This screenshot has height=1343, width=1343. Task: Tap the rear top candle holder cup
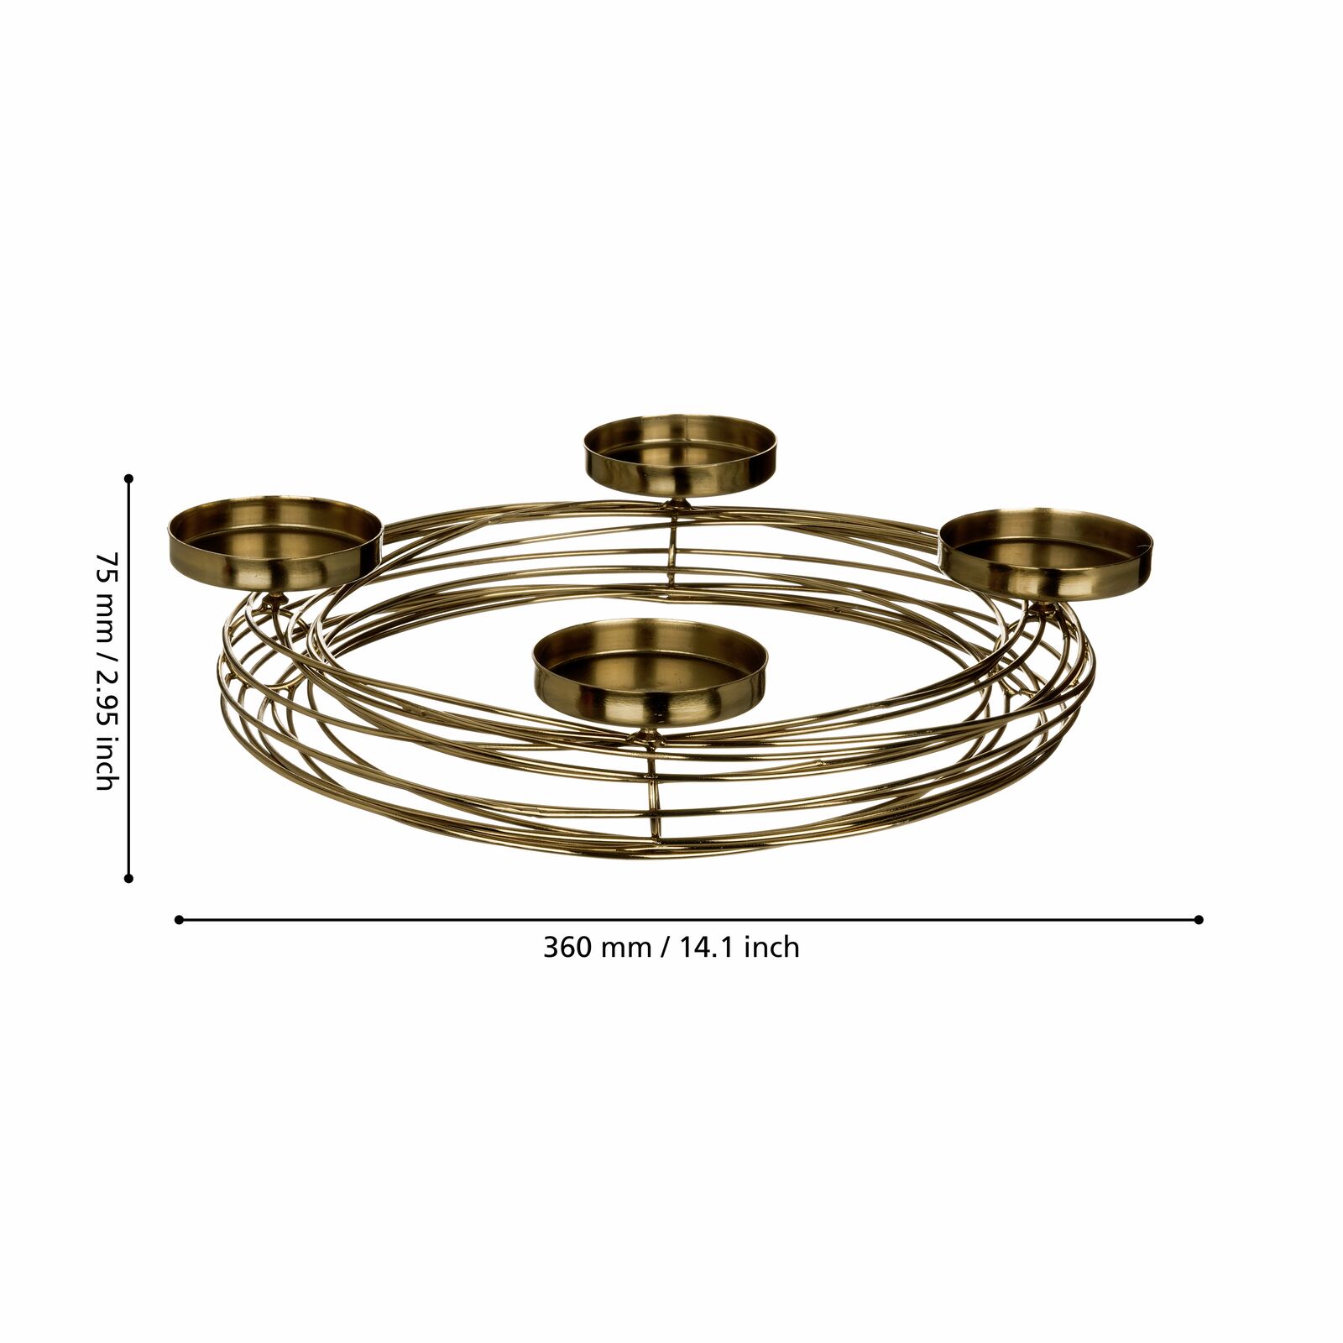[x=681, y=457]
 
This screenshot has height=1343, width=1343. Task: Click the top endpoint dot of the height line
[x=128, y=479]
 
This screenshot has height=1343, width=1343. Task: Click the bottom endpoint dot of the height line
[x=128, y=879]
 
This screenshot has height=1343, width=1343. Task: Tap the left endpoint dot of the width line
[x=179, y=919]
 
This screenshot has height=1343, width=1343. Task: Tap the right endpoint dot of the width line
[x=1199, y=919]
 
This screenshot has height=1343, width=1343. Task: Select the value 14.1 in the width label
[x=708, y=948]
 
